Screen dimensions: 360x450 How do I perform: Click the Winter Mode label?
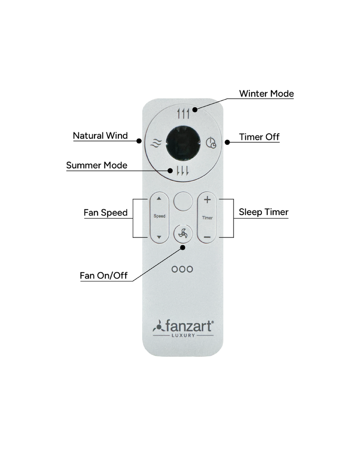266,94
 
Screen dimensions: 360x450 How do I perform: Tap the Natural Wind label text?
100,136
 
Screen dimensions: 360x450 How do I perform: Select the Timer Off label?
259,137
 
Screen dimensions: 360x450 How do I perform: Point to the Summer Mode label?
97,165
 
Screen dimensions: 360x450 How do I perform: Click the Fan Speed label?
106,213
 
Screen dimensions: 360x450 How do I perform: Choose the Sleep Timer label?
264,212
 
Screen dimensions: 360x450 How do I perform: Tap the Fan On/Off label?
103,275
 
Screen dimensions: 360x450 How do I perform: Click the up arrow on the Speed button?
159,198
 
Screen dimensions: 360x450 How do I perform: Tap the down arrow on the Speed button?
159,237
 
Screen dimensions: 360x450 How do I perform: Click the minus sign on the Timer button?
207,237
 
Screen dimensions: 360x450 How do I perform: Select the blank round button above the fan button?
183,202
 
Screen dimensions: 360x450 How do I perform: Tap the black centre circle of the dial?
183,143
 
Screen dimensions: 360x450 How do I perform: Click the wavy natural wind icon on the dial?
156,143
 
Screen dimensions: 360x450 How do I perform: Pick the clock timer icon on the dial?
211,143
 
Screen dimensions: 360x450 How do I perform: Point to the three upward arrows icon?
183,114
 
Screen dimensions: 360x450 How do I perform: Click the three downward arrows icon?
183,171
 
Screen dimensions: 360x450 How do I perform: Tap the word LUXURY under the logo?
183,335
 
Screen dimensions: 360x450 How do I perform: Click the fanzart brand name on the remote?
189,326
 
